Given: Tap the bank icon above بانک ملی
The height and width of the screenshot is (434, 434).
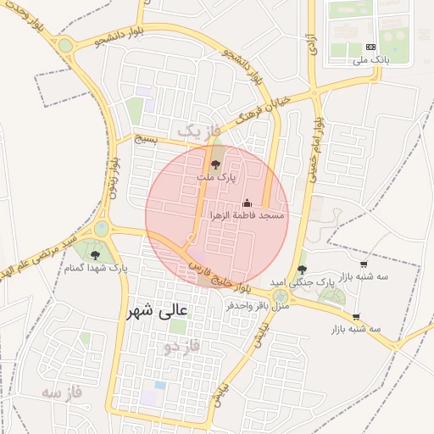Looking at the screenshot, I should (370, 47).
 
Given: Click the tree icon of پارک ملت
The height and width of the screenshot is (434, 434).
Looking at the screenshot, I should (216, 164).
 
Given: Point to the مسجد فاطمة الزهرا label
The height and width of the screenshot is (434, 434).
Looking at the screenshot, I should (248, 216).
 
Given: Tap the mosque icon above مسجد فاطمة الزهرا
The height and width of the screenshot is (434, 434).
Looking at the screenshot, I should (248, 203).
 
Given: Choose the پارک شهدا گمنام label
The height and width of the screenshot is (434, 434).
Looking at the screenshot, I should (95, 268).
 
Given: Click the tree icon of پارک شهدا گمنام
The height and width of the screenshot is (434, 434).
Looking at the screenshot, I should (94, 255).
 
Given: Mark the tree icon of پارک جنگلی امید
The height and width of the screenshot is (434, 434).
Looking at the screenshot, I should (302, 269).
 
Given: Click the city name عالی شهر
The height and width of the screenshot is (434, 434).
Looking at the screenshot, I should (159, 311).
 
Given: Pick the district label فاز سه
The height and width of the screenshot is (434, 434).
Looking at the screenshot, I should (64, 392).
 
